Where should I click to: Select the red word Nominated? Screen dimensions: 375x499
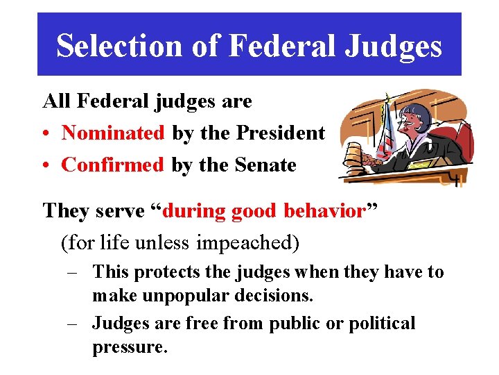click(x=113, y=133)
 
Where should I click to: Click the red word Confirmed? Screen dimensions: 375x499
click(x=113, y=165)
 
